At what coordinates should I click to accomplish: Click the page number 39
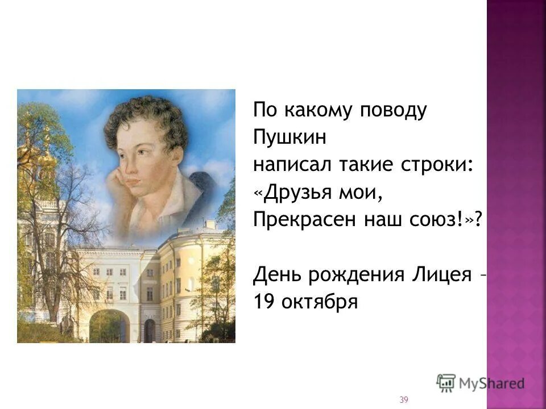[x=404, y=400]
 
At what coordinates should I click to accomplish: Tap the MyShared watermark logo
[x=481, y=382]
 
